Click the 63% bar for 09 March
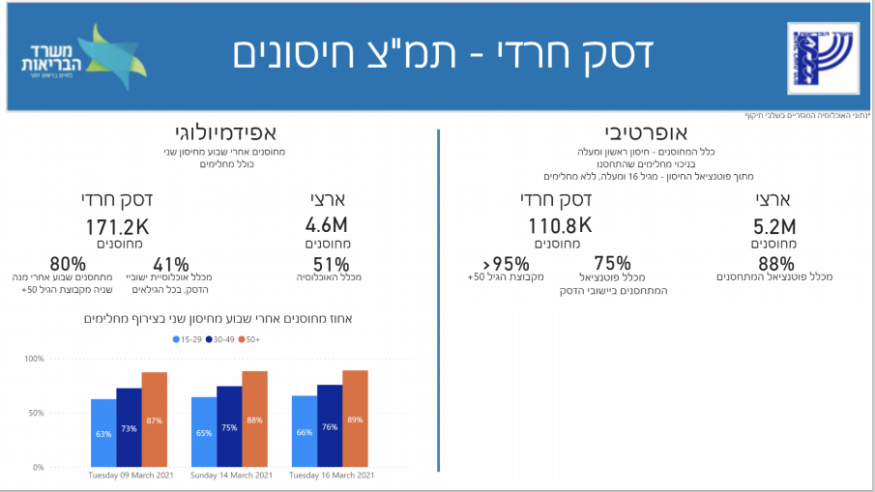tap(103, 433)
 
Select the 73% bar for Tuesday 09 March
tap(129, 428)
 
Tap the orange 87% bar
tap(155, 420)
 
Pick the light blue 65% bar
tap(204, 432)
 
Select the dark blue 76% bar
tap(330, 426)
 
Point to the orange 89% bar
tap(355, 419)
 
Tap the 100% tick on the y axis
tap(34, 359)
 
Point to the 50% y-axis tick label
tap(36, 413)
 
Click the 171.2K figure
tap(118, 227)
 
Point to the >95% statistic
tap(506, 264)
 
